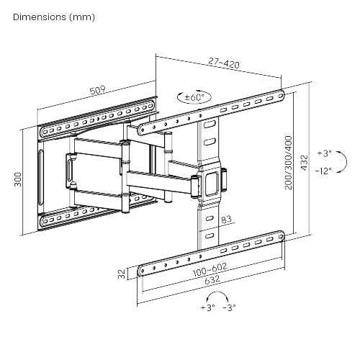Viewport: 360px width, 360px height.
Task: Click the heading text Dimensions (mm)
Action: [54, 17]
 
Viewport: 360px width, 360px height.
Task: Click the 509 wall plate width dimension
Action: [98, 90]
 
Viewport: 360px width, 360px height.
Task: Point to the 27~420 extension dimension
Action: [224, 63]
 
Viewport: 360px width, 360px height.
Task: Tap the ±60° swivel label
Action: [194, 97]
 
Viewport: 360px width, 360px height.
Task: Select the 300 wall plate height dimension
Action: [18, 179]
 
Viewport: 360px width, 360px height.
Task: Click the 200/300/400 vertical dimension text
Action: [289, 163]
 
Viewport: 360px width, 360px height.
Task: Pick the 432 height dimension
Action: [304, 163]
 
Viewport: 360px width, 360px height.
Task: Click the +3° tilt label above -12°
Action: [324, 153]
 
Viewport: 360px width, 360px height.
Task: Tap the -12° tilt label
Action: [323, 171]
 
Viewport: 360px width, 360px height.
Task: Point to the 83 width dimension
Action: [226, 220]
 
